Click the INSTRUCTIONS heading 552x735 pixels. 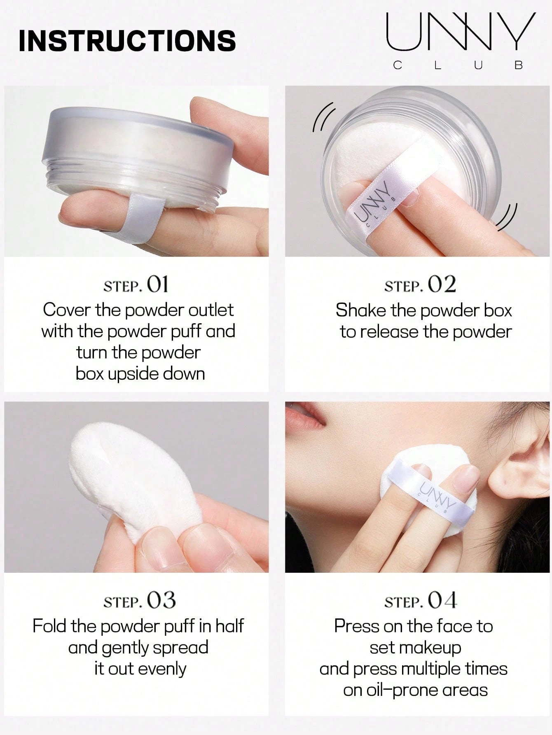[127, 40]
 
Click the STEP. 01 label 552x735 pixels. [136, 285]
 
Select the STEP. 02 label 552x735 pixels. [420, 285]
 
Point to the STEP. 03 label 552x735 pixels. [140, 600]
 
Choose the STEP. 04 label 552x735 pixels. [421, 600]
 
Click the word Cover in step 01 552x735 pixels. [67, 310]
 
